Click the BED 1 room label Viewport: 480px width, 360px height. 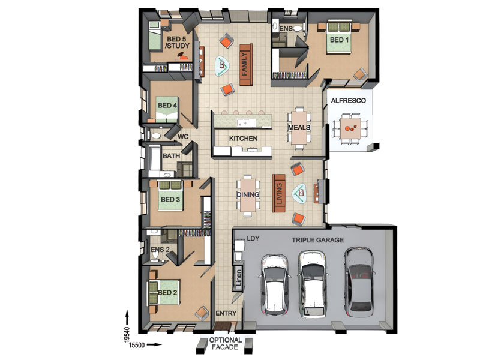pos(339,40)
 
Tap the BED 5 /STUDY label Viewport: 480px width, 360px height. pos(178,43)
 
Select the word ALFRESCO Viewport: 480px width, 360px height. pos(349,100)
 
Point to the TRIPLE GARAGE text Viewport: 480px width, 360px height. pos(317,240)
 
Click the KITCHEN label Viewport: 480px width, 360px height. pos(244,139)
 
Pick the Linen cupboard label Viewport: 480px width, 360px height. pos(238,277)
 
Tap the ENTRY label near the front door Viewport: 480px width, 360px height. pos(226,313)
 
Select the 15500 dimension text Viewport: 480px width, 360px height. pos(137,345)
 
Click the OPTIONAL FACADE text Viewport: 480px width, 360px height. pos(226,343)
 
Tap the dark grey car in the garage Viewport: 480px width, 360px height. pos(359,282)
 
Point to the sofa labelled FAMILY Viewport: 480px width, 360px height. pos(246,65)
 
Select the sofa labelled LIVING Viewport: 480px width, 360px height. pos(279,193)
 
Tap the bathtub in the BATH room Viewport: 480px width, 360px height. pos(155,158)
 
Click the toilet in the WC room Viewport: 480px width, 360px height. pos(155,136)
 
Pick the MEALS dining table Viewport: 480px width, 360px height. pos(299,128)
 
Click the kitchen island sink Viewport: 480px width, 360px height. pos(247,123)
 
